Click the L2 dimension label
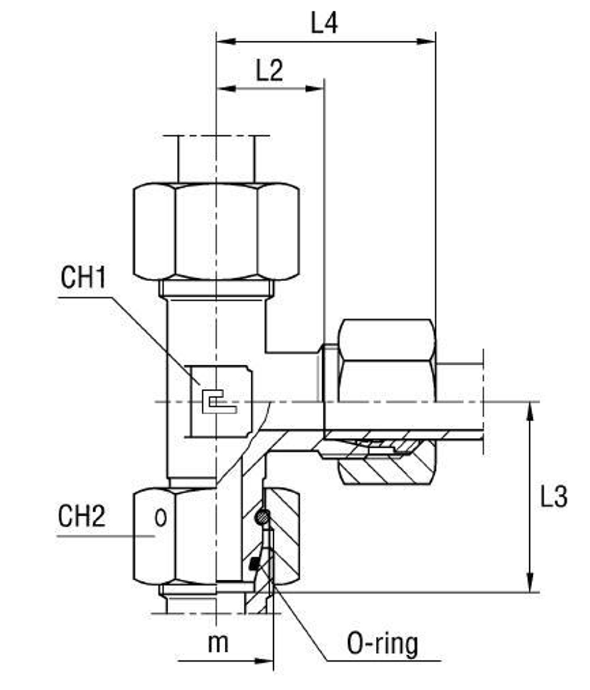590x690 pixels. (x=269, y=71)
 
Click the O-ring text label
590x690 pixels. (x=382, y=644)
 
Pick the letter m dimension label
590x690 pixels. (x=218, y=643)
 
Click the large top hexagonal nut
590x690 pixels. (x=216, y=231)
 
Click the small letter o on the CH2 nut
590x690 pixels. (x=159, y=519)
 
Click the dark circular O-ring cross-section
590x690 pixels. (x=262, y=518)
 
